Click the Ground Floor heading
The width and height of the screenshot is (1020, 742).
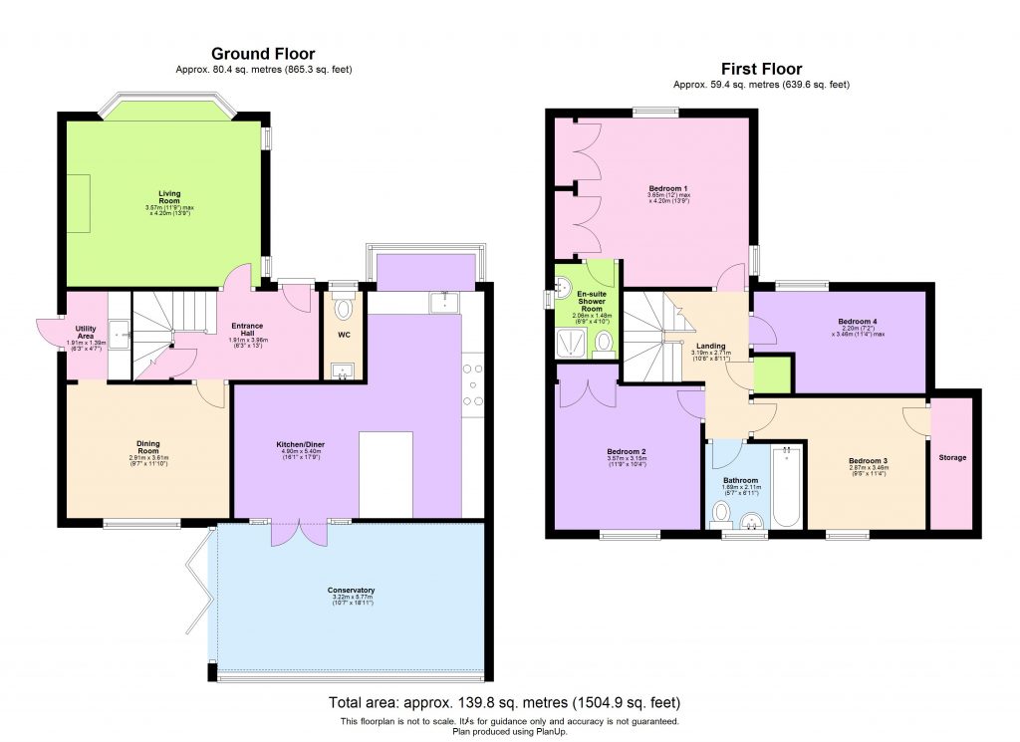pos(263,54)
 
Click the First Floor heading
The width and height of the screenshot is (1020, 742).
pos(761,69)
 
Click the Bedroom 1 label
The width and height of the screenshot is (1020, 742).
pos(668,188)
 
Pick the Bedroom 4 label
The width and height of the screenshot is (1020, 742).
pos(858,321)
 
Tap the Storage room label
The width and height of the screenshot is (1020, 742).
pos(951,457)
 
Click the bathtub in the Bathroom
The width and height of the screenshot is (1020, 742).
pos(786,487)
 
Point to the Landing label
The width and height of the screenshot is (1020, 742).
pos(711,346)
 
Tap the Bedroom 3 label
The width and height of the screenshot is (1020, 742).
pos(867,460)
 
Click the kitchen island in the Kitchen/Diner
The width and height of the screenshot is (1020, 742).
pos(385,473)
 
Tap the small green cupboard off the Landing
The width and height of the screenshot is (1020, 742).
pos(771,373)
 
